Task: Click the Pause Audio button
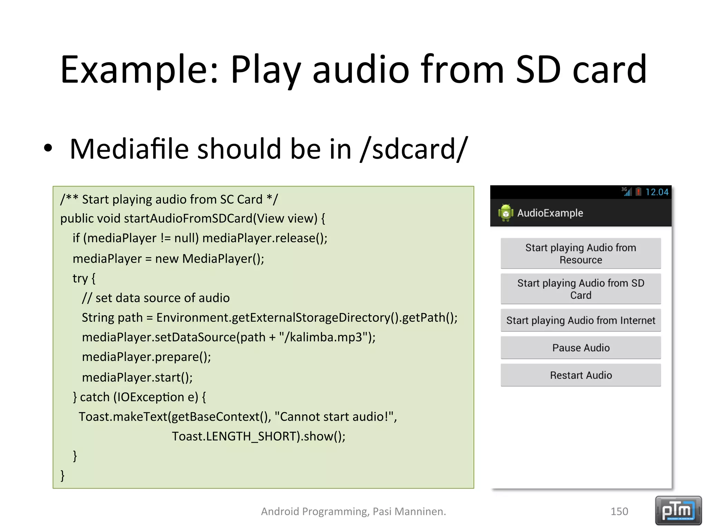[581, 348]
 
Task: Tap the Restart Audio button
[581, 375]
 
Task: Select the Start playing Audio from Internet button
[581, 321]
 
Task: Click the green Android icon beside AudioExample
[506, 213]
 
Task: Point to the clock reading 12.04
[657, 192]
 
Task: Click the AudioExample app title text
[550, 213]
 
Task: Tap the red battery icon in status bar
[638, 192]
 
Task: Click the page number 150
[619, 511]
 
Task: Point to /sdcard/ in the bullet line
[414, 149]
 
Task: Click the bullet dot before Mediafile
[48, 148]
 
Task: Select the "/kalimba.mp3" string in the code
[323, 337]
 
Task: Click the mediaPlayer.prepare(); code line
[146, 357]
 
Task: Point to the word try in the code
[80, 278]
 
